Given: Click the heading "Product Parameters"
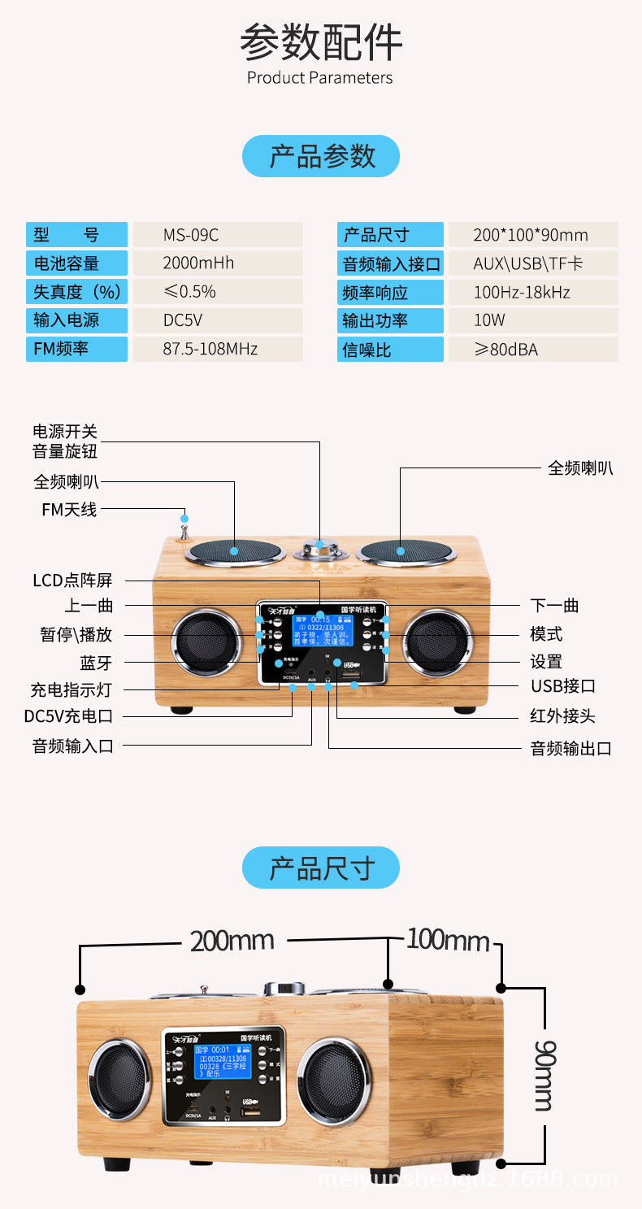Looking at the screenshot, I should click(x=320, y=78).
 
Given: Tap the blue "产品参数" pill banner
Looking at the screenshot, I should click(x=321, y=156).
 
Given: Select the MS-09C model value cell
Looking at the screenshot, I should click(x=218, y=235).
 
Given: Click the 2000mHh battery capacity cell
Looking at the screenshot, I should click(x=218, y=263).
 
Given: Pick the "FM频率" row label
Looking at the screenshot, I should click(x=76, y=349).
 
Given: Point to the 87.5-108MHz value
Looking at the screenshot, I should click(x=218, y=349).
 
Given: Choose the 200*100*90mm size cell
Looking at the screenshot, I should click(x=532, y=235).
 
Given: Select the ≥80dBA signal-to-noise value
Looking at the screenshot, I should click(x=532, y=350).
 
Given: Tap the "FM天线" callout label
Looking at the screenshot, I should click(x=69, y=510).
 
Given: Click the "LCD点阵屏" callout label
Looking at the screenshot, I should click(x=72, y=581).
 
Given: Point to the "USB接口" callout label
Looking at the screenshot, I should click(x=563, y=686).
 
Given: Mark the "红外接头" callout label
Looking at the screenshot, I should click(x=563, y=716).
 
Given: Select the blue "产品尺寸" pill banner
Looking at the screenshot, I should click(x=321, y=868).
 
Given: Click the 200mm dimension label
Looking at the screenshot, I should click(x=232, y=942).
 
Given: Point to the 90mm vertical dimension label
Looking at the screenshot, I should click(x=544, y=1075).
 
